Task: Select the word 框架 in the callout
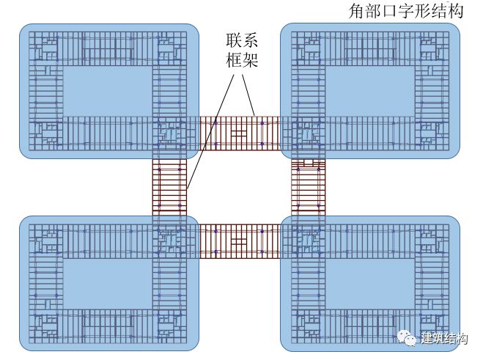(x=240, y=60)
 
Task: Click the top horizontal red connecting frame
(x=240, y=133)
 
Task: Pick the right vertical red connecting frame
(x=308, y=187)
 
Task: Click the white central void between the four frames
(x=240, y=187)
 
